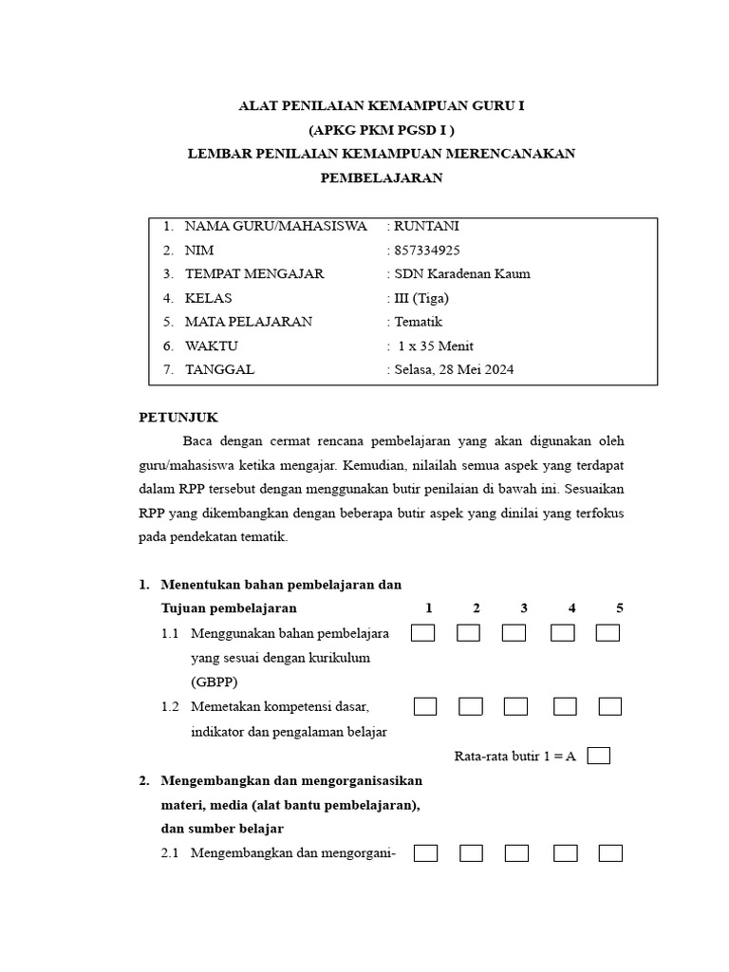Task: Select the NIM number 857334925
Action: click(x=426, y=251)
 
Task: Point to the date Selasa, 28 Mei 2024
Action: click(x=454, y=370)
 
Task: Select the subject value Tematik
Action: click(x=418, y=322)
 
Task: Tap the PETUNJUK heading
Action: click(x=178, y=417)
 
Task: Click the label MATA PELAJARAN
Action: click(x=248, y=322)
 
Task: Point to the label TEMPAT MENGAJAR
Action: click(x=253, y=274)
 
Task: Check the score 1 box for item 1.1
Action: click(x=423, y=633)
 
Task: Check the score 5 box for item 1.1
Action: click(x=607, y=633)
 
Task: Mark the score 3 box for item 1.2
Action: click(x=515, y=706)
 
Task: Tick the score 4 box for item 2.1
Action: click(x=566, y=853)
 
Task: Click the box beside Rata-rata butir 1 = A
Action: click(x=598, y=757)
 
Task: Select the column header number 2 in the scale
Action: click(x=476, y=607)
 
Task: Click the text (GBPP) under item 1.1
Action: click(x=214, y=682)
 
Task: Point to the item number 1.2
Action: click(x=171, y=707)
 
